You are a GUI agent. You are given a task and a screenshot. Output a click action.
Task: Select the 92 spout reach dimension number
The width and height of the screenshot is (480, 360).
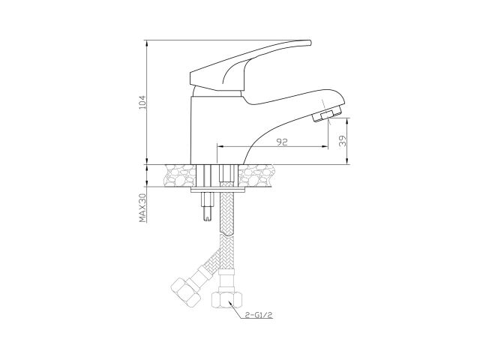point(281,141)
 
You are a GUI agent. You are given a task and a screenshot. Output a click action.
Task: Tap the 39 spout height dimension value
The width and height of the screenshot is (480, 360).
point(343,140)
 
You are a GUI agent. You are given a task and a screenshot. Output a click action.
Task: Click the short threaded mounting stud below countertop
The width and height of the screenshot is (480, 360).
point(207,210)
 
